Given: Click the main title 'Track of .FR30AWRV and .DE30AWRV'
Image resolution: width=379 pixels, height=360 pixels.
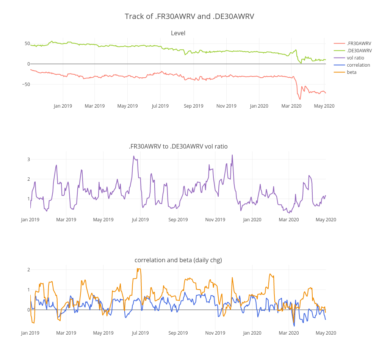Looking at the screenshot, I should coord(189,16).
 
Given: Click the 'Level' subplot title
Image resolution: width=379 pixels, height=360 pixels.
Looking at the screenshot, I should coord(178,33).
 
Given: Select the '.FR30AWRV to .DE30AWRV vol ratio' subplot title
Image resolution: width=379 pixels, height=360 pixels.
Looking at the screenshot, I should coord(178,146).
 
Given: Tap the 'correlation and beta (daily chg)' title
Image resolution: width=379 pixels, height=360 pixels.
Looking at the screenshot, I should coord(178,260).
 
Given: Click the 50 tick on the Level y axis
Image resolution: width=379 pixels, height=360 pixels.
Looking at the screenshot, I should coord(27,44).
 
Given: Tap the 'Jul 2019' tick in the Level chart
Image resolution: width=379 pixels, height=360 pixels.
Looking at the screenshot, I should coord(160,106).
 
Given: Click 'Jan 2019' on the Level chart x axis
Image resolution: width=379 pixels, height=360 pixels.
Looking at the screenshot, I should coord(63,106).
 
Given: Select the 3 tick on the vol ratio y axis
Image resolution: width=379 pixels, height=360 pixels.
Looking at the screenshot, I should coord(28,160).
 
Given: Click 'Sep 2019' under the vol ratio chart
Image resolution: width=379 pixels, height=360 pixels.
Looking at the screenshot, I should coord(178,219).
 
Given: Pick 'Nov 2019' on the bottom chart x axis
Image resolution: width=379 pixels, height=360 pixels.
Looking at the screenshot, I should coord(215,333).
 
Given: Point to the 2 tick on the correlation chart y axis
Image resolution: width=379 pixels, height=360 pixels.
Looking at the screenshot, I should coord(28,270).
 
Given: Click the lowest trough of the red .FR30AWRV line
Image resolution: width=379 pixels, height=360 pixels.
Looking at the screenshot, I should coord(300,99).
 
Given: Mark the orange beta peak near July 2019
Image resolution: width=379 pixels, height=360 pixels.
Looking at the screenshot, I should coord(139,269).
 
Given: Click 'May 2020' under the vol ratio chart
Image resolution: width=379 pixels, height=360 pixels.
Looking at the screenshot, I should coord(326,219).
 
